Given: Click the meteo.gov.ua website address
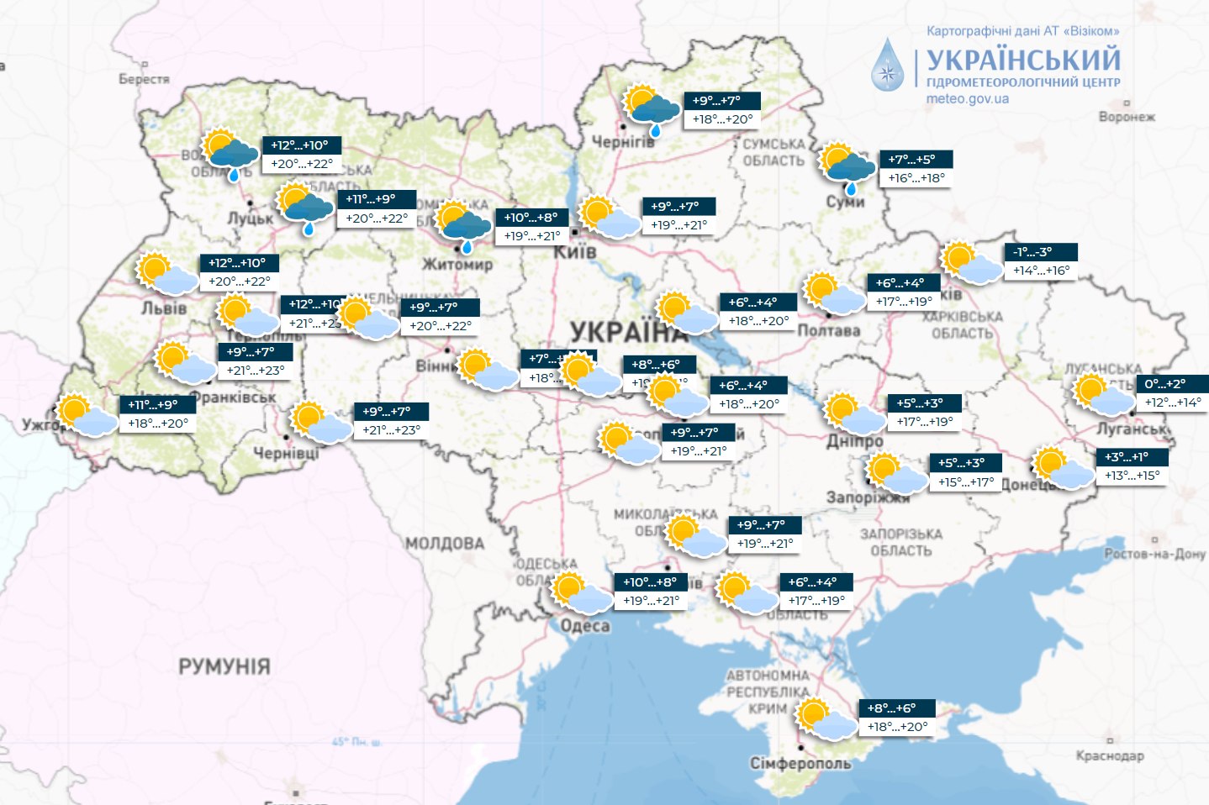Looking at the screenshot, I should pyautogui.click(x=967, y=99).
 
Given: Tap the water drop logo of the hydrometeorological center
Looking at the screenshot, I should pyautogui.click(x=887, y=65).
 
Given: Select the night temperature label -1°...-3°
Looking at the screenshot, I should pyautogui.click(x=1040, y=252).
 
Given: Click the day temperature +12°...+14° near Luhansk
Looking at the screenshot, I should pyautogui.click(x=1173, y=402).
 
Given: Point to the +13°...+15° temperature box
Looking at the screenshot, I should pyautogui.click(x=1132, y=476).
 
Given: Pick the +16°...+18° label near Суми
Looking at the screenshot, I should pyautogui.click(x=916, y=178).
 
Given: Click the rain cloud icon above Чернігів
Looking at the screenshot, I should pyautogui.click(x=652, y=108).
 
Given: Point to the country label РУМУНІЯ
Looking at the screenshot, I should pyautogui.click(x=224, y=667).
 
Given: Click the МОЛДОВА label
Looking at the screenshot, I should pyautogui.click(x=445, y=544).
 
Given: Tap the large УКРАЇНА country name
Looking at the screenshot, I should pyautogui.click(x=626, y=331).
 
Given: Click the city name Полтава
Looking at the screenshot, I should pyautogui.click(x=828, y=330).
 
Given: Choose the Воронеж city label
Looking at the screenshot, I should pyautogui.click(x=1126, y=117).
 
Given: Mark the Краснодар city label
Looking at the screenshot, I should pyautogui.click(x=1109, y=755).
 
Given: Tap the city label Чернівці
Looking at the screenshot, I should pyautogui.click(x=286, y=453).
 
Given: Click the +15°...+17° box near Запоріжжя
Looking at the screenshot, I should pyautogui.click(x=966, y=482).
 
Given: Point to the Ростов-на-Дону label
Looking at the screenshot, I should pyautogui.click(x=1154, y=554).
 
